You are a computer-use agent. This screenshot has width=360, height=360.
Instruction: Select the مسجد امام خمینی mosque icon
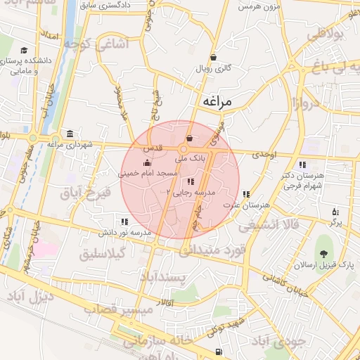[x=147, y=164]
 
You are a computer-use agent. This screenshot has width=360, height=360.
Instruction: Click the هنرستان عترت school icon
[x=246, y=194]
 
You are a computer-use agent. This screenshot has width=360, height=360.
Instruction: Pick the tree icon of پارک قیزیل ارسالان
[x=324, y=254]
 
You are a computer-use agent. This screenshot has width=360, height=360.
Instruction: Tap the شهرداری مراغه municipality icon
[x=70, y=134]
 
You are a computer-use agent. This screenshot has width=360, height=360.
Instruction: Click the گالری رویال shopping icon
[x=213, y=58]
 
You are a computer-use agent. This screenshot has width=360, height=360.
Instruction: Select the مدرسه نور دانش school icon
[x=125, y=221]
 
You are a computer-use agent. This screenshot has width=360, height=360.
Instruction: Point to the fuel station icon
[x=220, y=352]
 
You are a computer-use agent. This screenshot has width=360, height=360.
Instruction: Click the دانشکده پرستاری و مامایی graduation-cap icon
[x=25, y=50]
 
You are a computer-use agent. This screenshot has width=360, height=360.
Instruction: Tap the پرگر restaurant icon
[x=335, y=211]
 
